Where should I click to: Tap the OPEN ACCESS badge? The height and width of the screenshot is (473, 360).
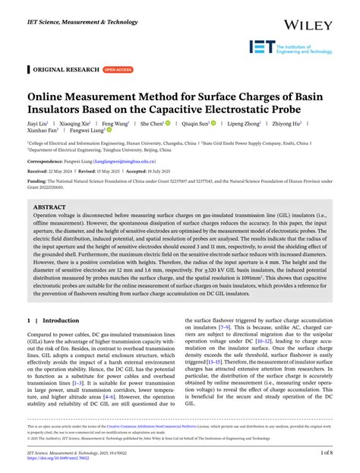pos(117,69)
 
